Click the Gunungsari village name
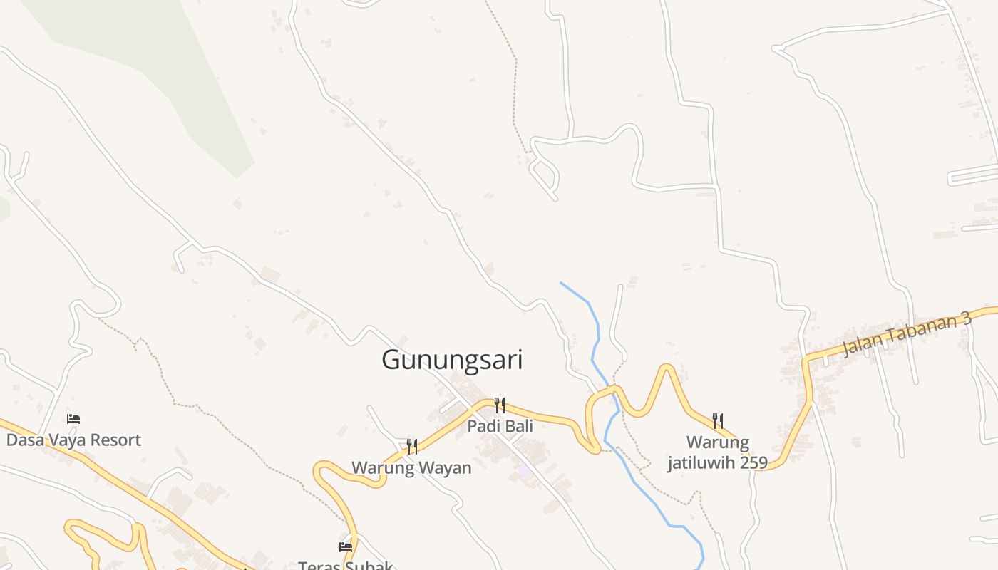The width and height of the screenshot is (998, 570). (x=452, y=360)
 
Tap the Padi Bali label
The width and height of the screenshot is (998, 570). (x=500, y=426)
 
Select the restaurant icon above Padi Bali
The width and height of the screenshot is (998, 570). (x=500, y=405)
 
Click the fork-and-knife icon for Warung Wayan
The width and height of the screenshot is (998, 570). (x=411, y=447)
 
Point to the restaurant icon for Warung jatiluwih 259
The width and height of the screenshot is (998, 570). (x=718, y=421)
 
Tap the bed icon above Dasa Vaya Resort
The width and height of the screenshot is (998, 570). (x=73, y=419)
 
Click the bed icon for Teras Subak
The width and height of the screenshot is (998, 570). (x=346, y=547)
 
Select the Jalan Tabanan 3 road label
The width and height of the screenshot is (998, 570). (x=907, y=333)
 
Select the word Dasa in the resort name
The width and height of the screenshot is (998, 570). (x=24, y=440)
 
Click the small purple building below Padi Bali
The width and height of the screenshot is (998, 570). (x=525, y=471)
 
